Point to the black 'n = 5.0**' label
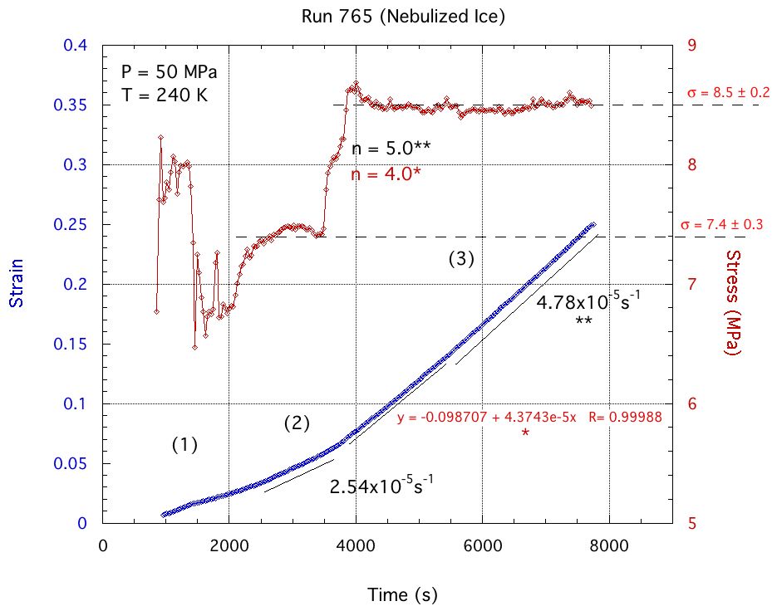click(x=391, y=149)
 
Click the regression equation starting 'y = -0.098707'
click(x=529, y=418)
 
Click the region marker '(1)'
click(x=184, y=445)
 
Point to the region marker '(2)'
click(x=297, y=423)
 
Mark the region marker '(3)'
click(x=460, y=258)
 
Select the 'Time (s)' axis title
click(x=402, y=594)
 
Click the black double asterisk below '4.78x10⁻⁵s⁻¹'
click(x=583, y=320)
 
